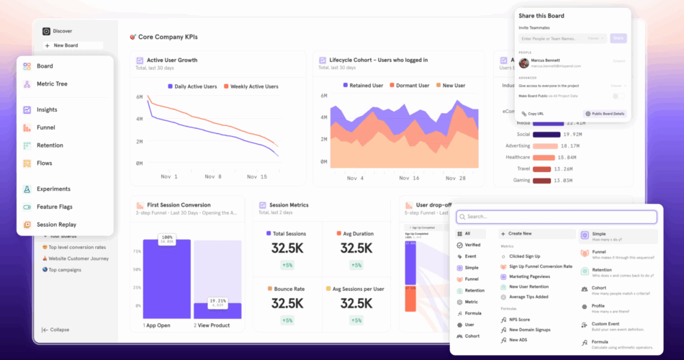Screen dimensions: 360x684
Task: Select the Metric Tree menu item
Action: point(52,84)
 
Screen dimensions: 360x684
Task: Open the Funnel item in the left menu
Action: point(45,127)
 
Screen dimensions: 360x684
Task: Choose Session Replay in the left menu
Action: point(56,225)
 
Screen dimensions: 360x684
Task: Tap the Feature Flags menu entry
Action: point(55,207)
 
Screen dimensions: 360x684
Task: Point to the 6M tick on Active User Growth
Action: point(139,97)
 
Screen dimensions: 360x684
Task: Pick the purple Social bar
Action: point(547,134)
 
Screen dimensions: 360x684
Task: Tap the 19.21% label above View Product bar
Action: point(217,301)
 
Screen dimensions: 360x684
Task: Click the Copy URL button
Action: point(534,114)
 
